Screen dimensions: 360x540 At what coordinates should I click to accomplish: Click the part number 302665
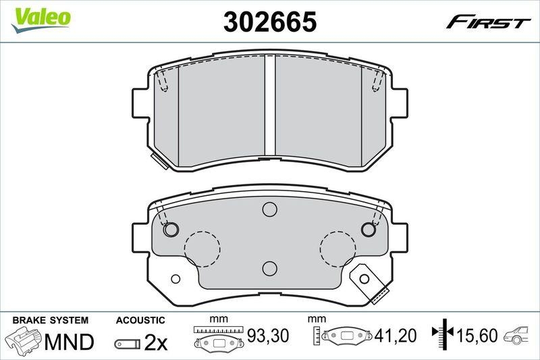270,22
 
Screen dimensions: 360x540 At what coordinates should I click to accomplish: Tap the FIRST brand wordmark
488,22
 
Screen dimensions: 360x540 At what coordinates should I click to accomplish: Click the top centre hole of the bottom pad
270,211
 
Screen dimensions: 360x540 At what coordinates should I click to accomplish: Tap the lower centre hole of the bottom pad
270,268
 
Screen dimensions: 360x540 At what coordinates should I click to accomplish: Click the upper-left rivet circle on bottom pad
171,230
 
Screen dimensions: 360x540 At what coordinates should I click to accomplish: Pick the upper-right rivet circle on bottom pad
369,230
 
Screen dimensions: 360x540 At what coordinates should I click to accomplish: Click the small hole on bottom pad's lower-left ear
176,278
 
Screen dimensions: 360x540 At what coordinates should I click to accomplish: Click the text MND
69,342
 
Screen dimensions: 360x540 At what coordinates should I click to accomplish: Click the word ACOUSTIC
140,319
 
